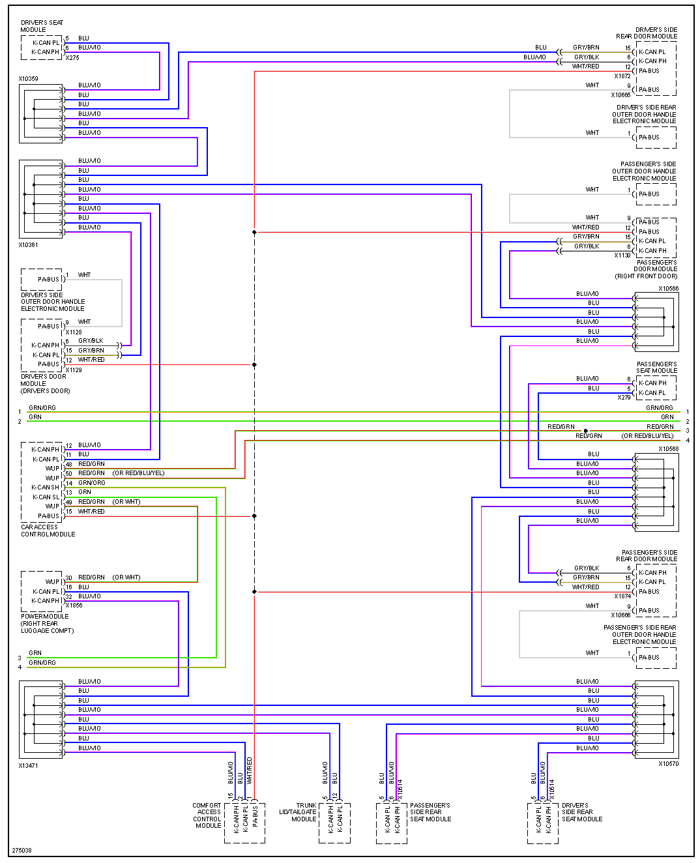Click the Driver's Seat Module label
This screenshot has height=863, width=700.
point(42,26)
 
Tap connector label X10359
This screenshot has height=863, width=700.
point(28,79)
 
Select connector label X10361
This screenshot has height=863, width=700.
point(28,245)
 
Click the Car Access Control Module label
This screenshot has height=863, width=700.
point(48,531)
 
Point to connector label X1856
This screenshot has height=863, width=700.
point(74,606)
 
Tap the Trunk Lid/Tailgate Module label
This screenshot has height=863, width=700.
point(298,812)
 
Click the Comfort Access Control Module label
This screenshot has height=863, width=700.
point(207,815)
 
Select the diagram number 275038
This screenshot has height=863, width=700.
point(22,851)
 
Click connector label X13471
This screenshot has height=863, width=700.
point(28,766)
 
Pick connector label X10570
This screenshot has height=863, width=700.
point(668,764)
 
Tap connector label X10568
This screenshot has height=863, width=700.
point(668,449)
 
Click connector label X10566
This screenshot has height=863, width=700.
point(668,289)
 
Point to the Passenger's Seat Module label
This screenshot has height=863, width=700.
point(656,368)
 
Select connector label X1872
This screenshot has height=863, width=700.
point(622,76)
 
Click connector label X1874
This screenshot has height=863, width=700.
point(622,596)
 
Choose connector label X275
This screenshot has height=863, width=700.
point(72,58)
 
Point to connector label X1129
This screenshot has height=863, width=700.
point(74,370)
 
